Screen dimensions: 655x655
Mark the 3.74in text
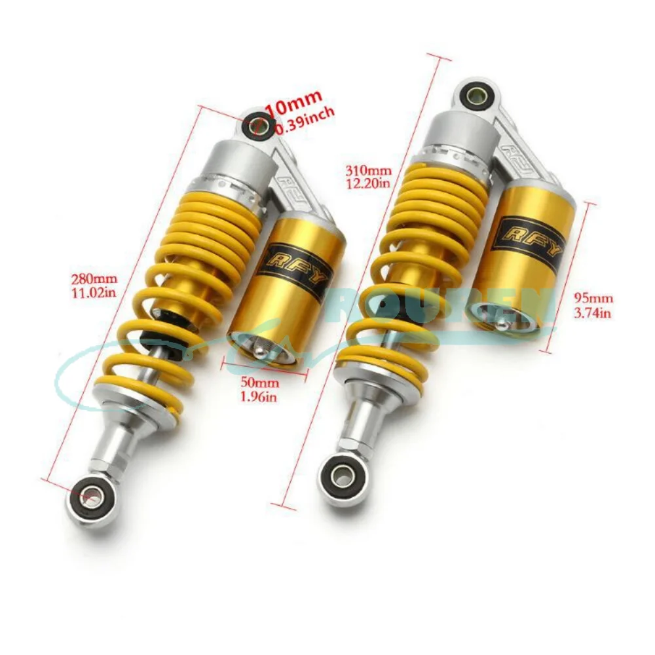pyautogui.click(x=592, y=314)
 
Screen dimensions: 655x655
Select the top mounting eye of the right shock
pyautogui.click(x=474, y=95)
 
